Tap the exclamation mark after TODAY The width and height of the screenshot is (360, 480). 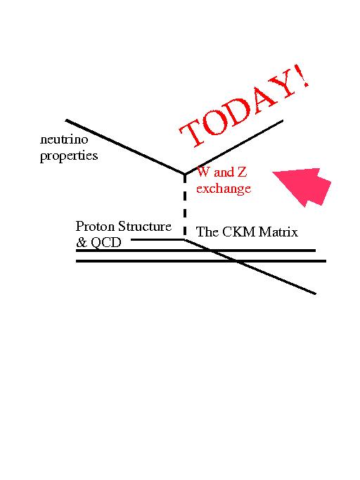pyautogui.click(x=303, y=76)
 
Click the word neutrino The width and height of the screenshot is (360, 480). pyautogui.click(x=64, y=139)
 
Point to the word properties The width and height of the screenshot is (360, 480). pyautogui.click(x=69, y=156)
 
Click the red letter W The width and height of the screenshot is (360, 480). pyautogui.click(x=203, y=172)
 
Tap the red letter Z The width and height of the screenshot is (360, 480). pyautogui.click(x=242, y=172)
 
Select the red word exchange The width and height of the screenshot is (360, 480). pyautogui.click(x=224, y=188)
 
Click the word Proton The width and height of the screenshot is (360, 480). pyautogui.click(x=95, y=226)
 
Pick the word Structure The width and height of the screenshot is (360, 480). pyautogui.click(x=145, y=226)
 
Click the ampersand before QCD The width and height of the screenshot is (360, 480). pyautogui.click(x=82, y=242)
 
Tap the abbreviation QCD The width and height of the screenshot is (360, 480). pyautogui.click(x=106, y=243)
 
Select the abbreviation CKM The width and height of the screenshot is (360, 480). pyautogui.click(x=240, y=232)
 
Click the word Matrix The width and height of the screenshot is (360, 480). pyautogui.click(x=278, y=232)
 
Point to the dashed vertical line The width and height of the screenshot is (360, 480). pyautogui.click(x=185, y=207)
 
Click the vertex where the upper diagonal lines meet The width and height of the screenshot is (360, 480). pyautogui.click(x=184, y=175)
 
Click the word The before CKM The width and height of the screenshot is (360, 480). pyautogui.click(x=207, y=232)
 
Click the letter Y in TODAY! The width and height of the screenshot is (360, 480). pyautogui.click(x=281, y=87)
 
